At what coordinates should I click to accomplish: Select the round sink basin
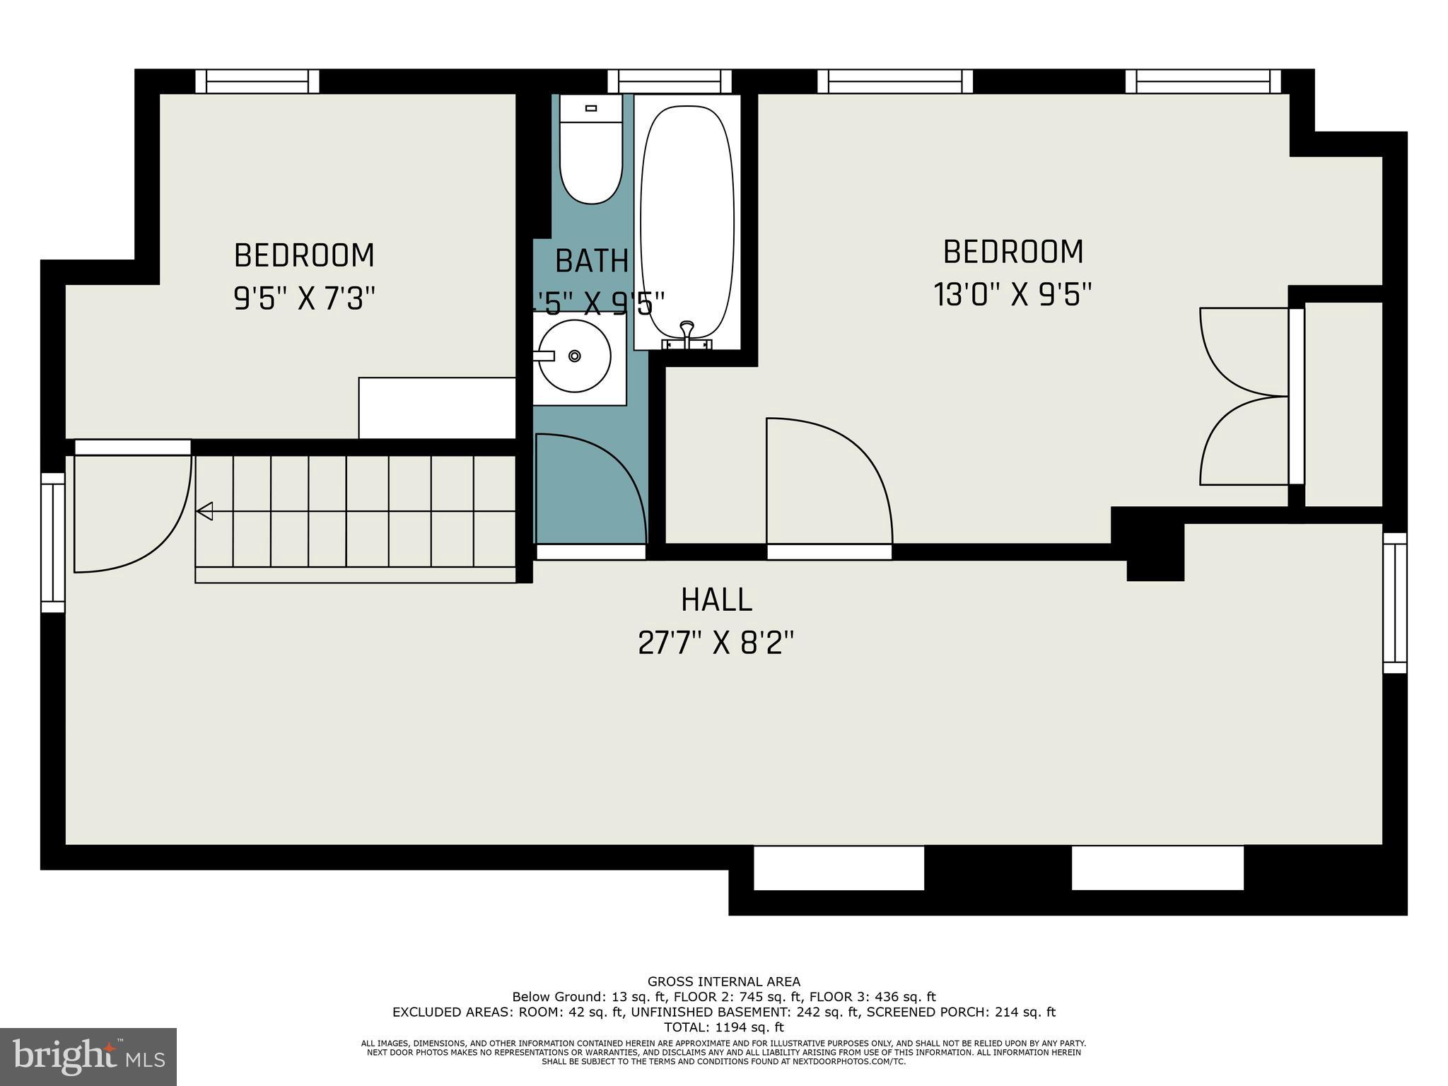(x=575, y=356)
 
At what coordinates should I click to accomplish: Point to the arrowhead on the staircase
(x=205, y=510)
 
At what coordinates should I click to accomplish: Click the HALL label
(x=716, y=600)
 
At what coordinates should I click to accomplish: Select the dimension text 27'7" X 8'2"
(x=716, y=643)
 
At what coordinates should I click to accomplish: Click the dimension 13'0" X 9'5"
(x=1012, y=295)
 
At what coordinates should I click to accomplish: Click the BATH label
(x=592, y=261)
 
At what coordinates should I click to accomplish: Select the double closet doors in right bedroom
(x=1244, y=396)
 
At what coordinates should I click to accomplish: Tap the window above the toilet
(x=669, y=81)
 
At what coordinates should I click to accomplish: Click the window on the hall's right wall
(x=1394, y=602)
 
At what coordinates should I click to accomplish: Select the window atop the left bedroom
(x=257, y=81)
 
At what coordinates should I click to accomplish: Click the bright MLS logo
(x=88, y=1057)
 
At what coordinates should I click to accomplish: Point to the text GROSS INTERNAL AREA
(x=724, y=981)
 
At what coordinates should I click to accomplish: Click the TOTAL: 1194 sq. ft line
(x=724, y=1027)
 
